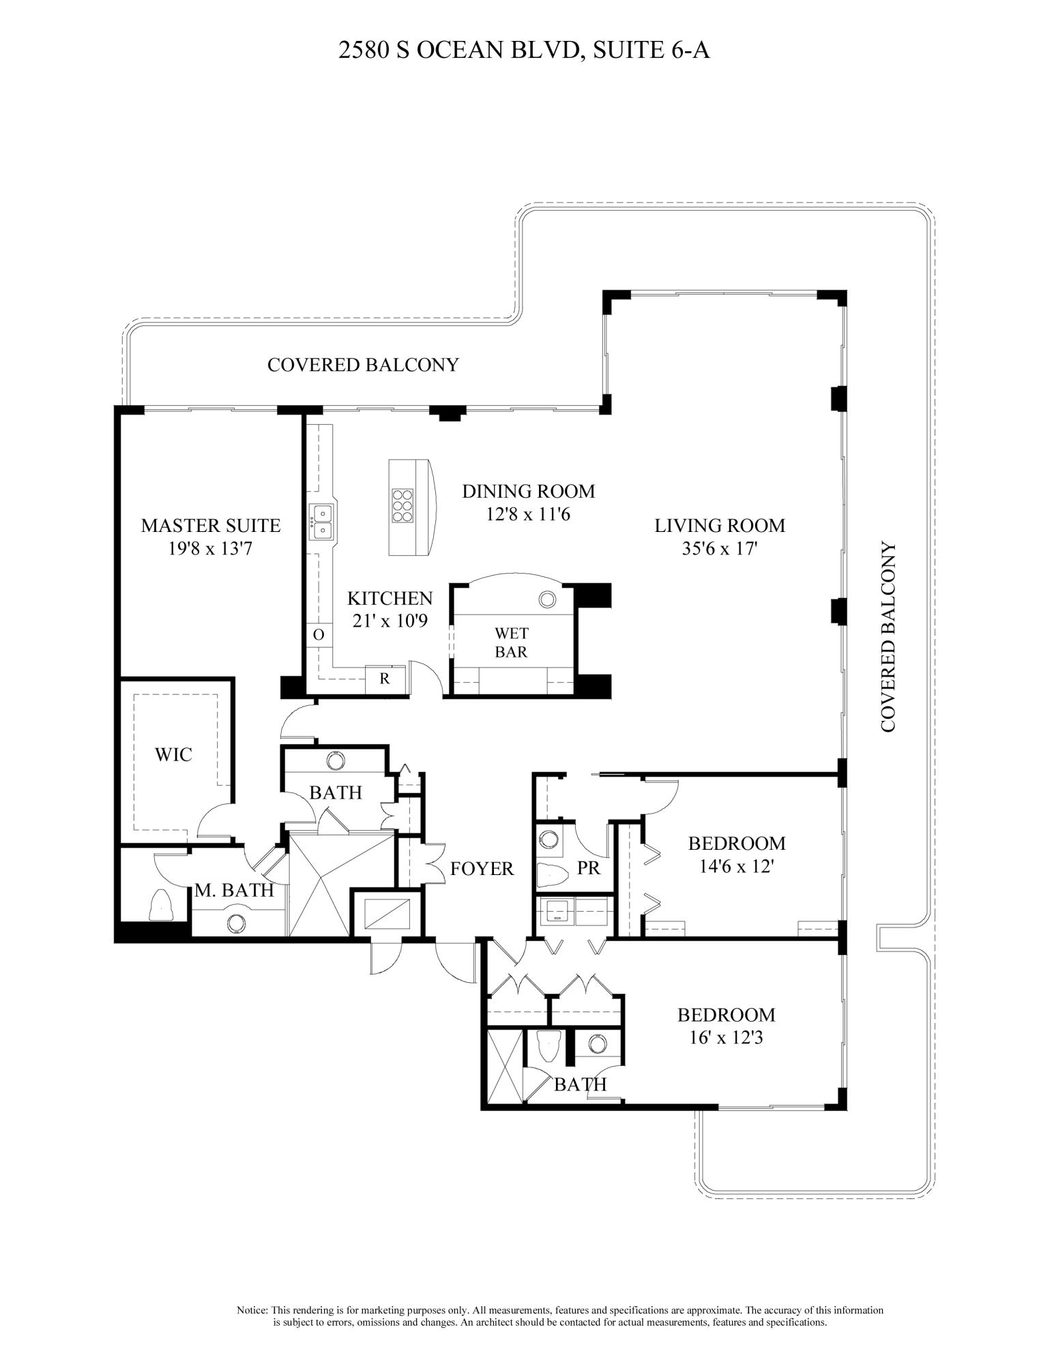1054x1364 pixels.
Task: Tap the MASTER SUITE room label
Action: pos(210,526)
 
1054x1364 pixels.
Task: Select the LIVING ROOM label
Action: pos(720,526)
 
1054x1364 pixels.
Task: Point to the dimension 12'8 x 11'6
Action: pos(527,514)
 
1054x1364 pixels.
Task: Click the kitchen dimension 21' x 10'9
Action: pos(390,621)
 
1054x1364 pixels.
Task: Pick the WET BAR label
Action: pos(511,643)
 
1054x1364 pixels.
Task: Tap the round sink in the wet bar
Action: pos(546,599)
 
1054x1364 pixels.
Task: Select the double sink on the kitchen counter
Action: pos(321,521)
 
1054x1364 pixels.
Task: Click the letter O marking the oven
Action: pos(318,635)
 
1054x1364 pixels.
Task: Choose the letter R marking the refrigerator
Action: pos(384,679)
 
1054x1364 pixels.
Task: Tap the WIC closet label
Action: pos(173,754)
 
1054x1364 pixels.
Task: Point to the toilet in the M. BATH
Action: pos(161,905)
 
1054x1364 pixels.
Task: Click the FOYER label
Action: pos(482,868)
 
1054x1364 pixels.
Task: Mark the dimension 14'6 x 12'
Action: pos(737,866)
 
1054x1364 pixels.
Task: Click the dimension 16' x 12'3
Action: pos(726,1037)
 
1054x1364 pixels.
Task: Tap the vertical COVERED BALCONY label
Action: pos(887,637)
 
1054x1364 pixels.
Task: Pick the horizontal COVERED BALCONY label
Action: pos(363,365)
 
